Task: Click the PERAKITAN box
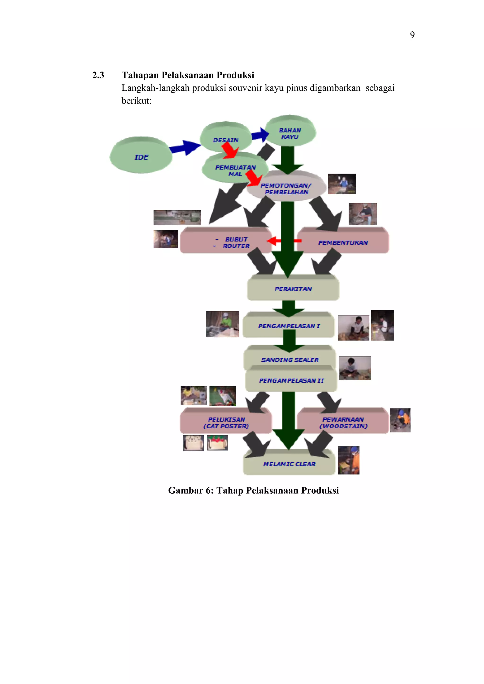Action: tap(293, 288)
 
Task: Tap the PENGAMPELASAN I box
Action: tap(289, 326)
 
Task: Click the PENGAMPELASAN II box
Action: tap(291, 380)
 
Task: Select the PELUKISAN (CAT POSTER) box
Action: tap(226, 422)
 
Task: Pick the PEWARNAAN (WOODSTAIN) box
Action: tap(343, 422)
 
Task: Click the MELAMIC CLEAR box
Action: tap(289, 464)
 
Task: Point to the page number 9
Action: tap(412, 35)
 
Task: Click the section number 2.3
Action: tap(98, 75)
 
